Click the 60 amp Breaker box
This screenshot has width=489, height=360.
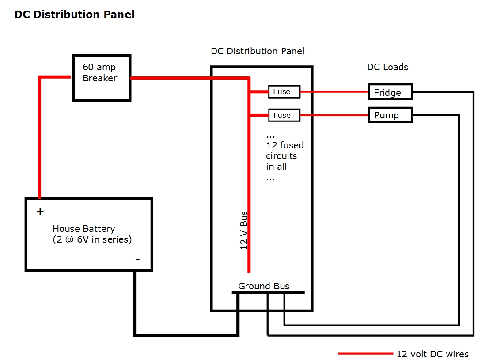point(102,78)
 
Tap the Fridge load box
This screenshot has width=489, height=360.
point(390,92)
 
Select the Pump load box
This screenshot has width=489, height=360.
point(390,115)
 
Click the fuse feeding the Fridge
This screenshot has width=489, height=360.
point(284,92)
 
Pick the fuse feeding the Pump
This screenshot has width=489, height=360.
point(284,115)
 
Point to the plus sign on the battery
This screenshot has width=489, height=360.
point(40,212)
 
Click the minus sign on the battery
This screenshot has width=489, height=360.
point(137,259)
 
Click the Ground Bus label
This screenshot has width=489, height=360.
point(264,286)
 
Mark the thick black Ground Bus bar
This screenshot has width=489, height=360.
point(268,292)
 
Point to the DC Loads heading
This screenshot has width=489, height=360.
point(387,67)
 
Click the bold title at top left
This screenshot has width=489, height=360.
point(74,15)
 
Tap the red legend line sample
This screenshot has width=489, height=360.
point(365,354)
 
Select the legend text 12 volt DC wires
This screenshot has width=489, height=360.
point(432,354)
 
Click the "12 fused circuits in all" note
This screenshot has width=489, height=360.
point(284,156)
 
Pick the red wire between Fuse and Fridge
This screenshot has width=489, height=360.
point(334,92)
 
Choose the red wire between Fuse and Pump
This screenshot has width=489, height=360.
point(334,116)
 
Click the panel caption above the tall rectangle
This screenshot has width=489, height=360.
point(258,51)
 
